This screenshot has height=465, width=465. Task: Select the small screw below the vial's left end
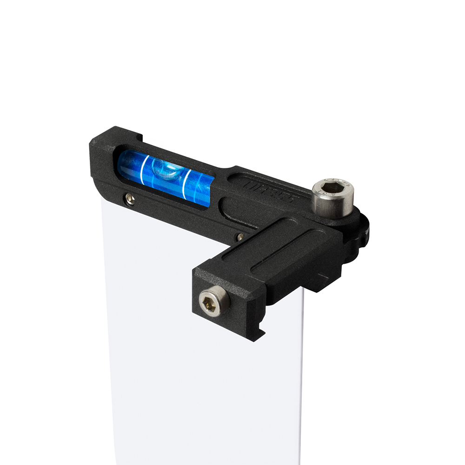130,199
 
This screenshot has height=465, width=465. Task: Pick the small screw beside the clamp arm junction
240,237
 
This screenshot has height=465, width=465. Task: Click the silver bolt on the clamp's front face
214,301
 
